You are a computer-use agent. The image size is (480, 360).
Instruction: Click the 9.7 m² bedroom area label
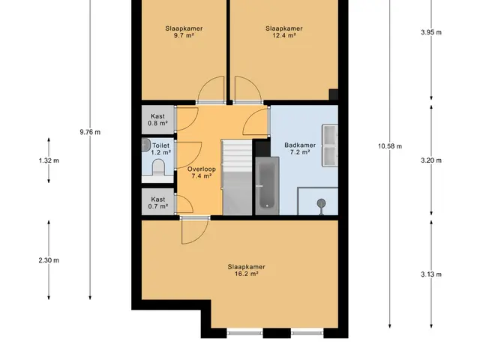184,31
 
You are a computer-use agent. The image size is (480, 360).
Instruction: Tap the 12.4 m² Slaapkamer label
284,31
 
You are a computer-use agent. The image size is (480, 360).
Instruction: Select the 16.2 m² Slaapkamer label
247,270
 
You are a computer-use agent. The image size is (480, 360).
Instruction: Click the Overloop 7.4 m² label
202,172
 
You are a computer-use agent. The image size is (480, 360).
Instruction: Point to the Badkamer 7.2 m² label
300,148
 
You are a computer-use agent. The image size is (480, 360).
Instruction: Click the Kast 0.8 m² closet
158,120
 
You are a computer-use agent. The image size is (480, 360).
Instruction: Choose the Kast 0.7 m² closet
158,202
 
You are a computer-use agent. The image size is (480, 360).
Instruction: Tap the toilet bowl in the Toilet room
158,167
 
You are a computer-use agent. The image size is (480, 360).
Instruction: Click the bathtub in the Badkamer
267,186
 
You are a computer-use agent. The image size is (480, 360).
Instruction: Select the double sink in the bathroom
330,145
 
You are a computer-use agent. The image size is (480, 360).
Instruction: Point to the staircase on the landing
237,178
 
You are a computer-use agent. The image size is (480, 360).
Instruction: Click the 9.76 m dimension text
90,132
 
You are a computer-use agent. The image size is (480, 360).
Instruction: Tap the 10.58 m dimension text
390,146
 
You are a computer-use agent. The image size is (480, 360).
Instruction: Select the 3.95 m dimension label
431,32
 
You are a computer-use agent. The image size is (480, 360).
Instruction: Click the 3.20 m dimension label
431,160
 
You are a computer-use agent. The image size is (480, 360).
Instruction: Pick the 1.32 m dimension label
49,160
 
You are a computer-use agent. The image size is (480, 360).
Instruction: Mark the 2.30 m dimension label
49,260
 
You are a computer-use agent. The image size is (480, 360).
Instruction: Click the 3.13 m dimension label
431,274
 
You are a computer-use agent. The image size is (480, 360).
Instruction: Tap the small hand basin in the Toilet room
145,145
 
